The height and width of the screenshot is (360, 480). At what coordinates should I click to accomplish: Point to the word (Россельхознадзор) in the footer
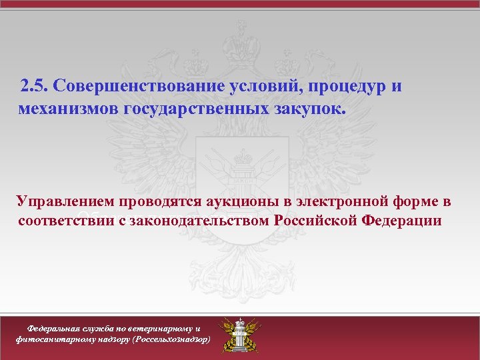[172, 339]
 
